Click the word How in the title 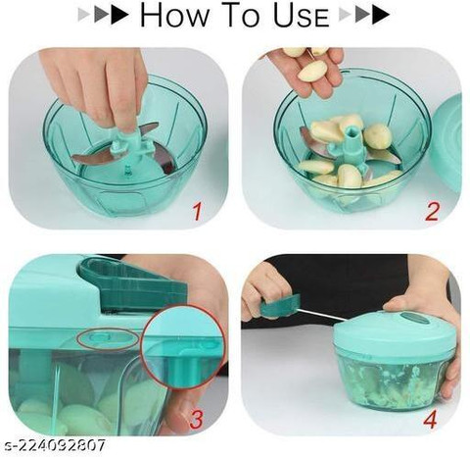tap(175, 16)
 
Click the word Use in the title tap(302, 16)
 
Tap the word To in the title tap(242, 16)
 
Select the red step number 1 tap(198, 211)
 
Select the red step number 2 tap(432, 212)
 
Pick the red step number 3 tap(196, 420)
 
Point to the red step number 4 tap(430, 419)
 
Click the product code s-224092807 tap(53, 445)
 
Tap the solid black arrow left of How tap(119, 16)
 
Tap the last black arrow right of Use tap(381, 16)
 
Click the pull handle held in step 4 tap(280, 305)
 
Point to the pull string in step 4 tap(323, 313)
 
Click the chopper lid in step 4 tap(393, 331)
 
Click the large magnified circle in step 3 tap(182, 347)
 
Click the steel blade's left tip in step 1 tap(72, 159)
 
